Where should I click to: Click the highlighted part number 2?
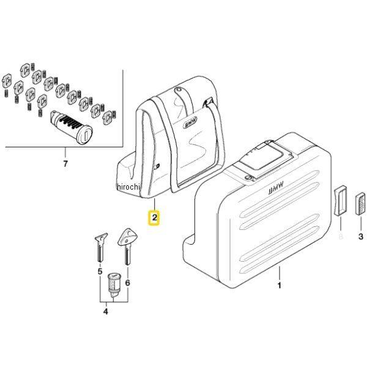[155, 217]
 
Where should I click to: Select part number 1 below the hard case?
[280, 286]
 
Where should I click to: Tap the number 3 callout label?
[360, 236]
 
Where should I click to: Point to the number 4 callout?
[105, 312]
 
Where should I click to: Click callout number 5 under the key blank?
[99, 270]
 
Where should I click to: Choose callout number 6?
[127, 283]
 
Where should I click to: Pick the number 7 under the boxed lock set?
[65, 163]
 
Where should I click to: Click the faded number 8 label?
[341, 235]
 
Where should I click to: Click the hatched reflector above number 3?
[360, 202]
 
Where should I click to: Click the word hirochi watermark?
[128, 187]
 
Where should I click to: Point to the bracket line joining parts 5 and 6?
[114, 301]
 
